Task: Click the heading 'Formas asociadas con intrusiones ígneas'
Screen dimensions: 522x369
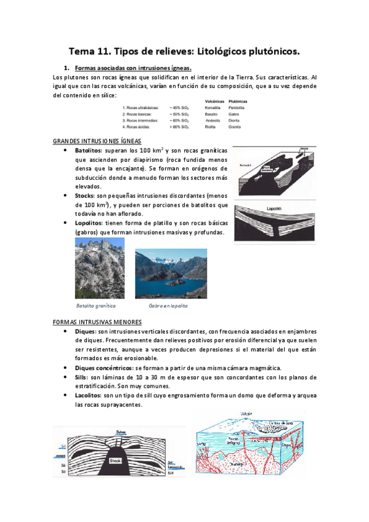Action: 132,68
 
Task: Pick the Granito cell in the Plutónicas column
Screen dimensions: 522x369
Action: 237,127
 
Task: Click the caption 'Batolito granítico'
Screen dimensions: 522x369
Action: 96,305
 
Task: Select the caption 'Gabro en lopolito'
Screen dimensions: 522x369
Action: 169,305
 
